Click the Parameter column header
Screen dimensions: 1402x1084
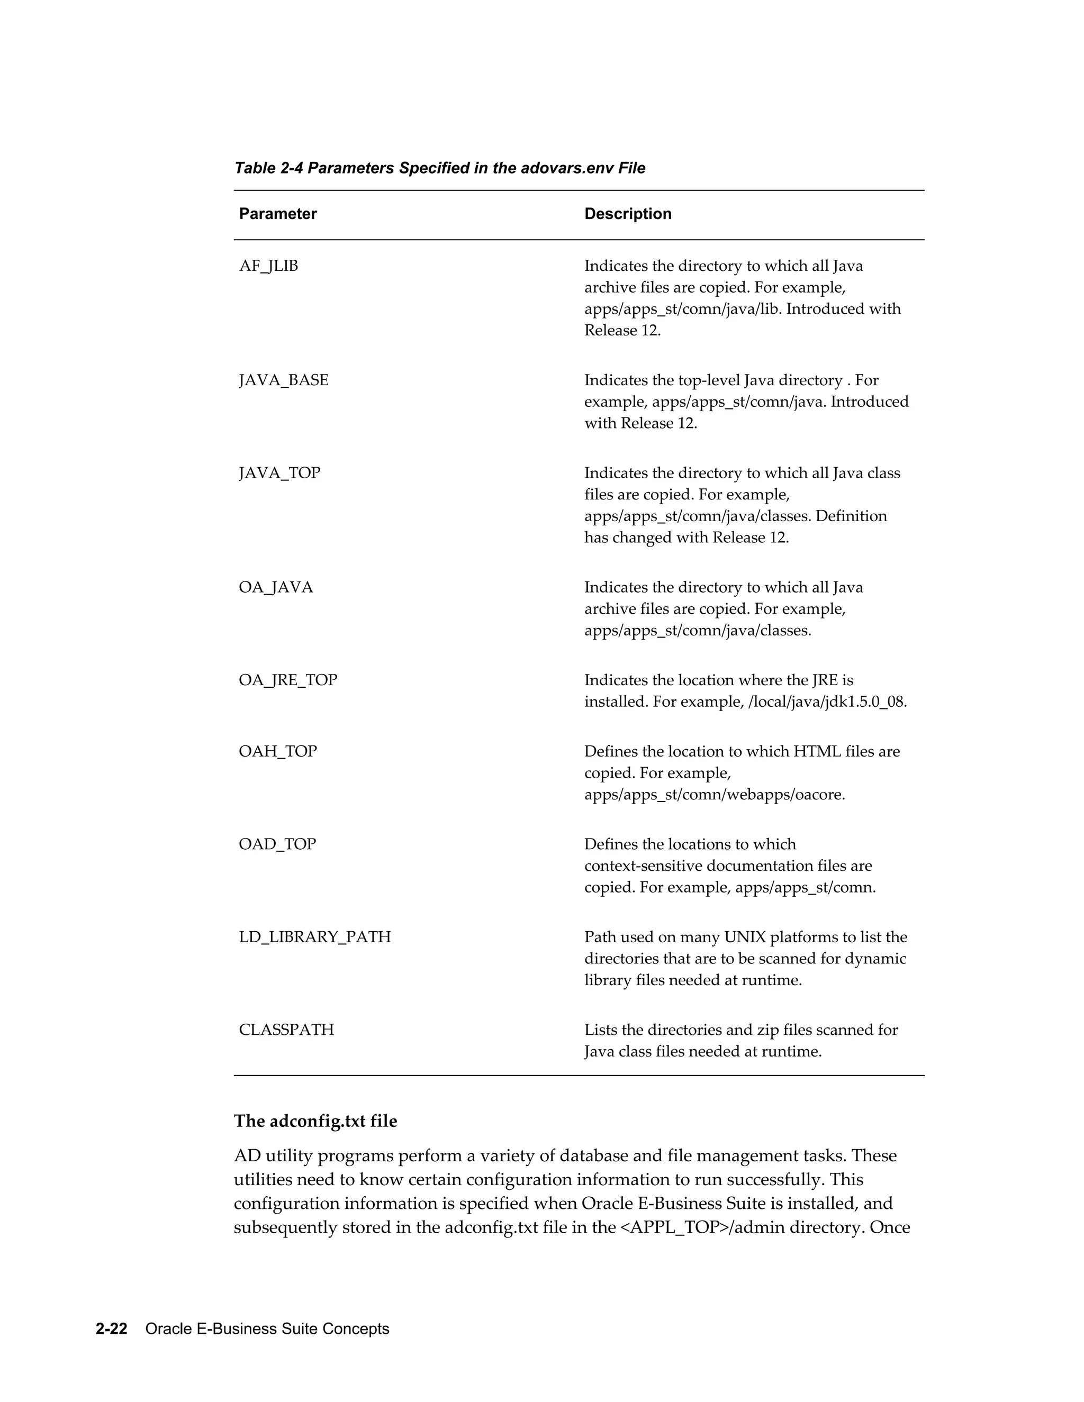tap(277, 214)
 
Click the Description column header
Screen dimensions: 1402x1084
tap(627, 214)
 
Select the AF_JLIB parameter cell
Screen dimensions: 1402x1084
tap(268, 266)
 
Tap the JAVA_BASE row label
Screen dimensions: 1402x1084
tap(283, 380)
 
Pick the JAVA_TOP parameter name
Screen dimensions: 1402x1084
tap(279, 473)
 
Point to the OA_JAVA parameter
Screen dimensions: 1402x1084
tap(275, 587)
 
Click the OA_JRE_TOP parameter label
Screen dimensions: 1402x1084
tap(288, 680)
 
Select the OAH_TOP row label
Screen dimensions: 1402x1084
tap(277, 751)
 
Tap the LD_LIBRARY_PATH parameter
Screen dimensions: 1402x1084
tap(315, 936)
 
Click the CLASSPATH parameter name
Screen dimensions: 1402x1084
tap(286, 1030)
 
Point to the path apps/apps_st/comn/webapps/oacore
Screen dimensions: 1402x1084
tap(713, 795)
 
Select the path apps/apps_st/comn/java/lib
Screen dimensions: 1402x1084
tap(683, 309)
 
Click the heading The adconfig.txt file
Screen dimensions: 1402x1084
tap(315, 1121)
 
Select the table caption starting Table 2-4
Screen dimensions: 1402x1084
tap(439, 168)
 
